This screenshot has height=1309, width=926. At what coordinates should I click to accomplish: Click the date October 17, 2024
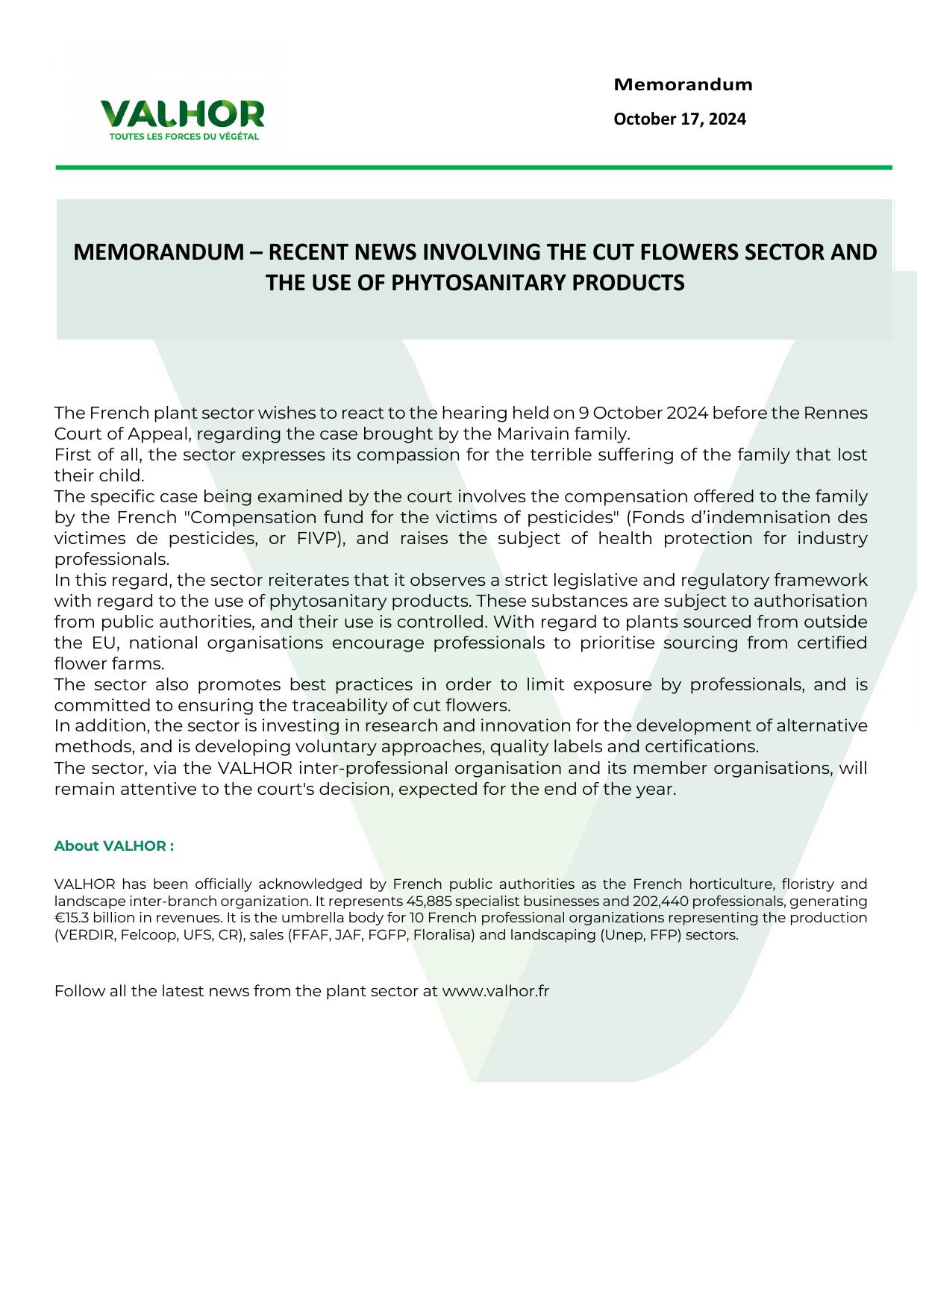pos(679,119)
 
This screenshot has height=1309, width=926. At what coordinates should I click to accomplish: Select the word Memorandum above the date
pos(683,85)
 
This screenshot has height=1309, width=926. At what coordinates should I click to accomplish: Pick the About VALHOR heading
pos(113,846)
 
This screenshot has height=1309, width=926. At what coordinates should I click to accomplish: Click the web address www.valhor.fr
pos(495,992)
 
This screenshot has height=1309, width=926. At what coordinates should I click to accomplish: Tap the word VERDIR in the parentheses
pos(82,935)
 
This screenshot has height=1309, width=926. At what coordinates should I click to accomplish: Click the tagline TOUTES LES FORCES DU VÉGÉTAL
pos(184,137)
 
